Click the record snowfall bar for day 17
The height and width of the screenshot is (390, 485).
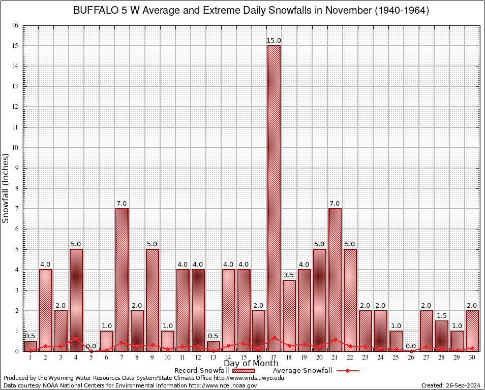pos(274,198)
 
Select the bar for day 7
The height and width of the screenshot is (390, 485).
pos(122,279)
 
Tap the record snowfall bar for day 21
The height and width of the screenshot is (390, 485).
pos(335,279)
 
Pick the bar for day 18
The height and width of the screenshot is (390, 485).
pos(289,315)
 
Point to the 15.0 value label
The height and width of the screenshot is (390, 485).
pos(274,41)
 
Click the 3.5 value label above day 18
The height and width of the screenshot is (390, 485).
pos(289,275)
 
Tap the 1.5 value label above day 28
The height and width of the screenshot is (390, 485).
pos(442,315)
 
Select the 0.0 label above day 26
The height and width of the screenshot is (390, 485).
pos(411,346)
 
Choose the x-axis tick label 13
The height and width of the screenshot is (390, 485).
pos(213,357)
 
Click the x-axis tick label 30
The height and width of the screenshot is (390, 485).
pos(472,357)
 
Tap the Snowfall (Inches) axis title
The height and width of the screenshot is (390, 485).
pos(6,188)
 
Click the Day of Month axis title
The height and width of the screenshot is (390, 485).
pos(251,364)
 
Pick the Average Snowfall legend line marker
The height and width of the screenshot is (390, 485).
pos(348,371)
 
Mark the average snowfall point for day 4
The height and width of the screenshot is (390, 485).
pos(76,338)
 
